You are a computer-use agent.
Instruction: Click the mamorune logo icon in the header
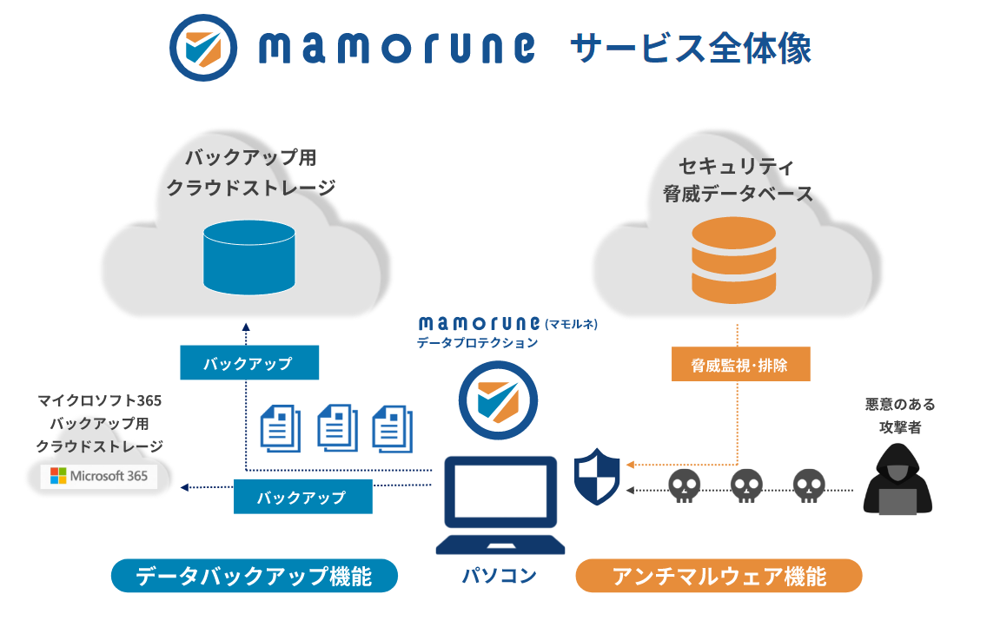[x=202, y=49]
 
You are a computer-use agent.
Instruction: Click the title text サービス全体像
[x=691, y=49]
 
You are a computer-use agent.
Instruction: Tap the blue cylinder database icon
[x=249, y=257]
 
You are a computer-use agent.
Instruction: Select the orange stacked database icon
[x=733, y=260]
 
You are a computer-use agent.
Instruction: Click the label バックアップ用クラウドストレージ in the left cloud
[x=250, y=173]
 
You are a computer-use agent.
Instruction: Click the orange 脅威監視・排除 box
[x=740, y=365]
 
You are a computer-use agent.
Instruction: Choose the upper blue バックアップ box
[x=248, y=363]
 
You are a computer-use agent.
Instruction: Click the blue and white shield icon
[x=597, y=477]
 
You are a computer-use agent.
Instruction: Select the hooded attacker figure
[x=898, y=479]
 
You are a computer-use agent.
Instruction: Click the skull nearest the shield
[x=684, y=487]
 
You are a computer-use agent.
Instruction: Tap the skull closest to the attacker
[x=809, y=487]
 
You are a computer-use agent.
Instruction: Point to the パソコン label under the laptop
[x=499, y=574]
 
